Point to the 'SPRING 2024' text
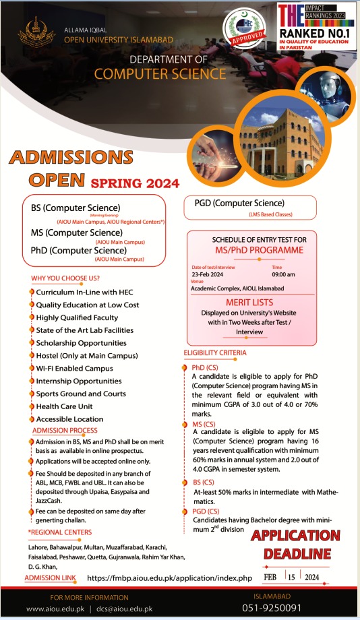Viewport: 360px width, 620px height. pos(135,183)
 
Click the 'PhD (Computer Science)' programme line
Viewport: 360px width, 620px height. pos(78,251)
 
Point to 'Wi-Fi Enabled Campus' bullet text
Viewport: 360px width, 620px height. pos(74,369)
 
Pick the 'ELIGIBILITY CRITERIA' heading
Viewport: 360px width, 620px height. pos(215,352)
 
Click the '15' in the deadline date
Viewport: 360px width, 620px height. pos(290,578)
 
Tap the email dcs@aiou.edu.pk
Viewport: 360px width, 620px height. pos(129,609)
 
